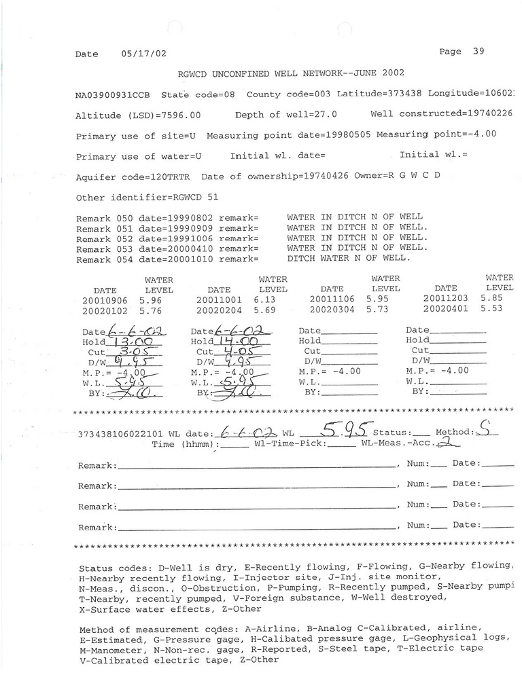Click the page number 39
[x=478, y=52]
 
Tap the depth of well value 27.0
[x=324, y=115]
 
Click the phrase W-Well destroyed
[x=406, y=598]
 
